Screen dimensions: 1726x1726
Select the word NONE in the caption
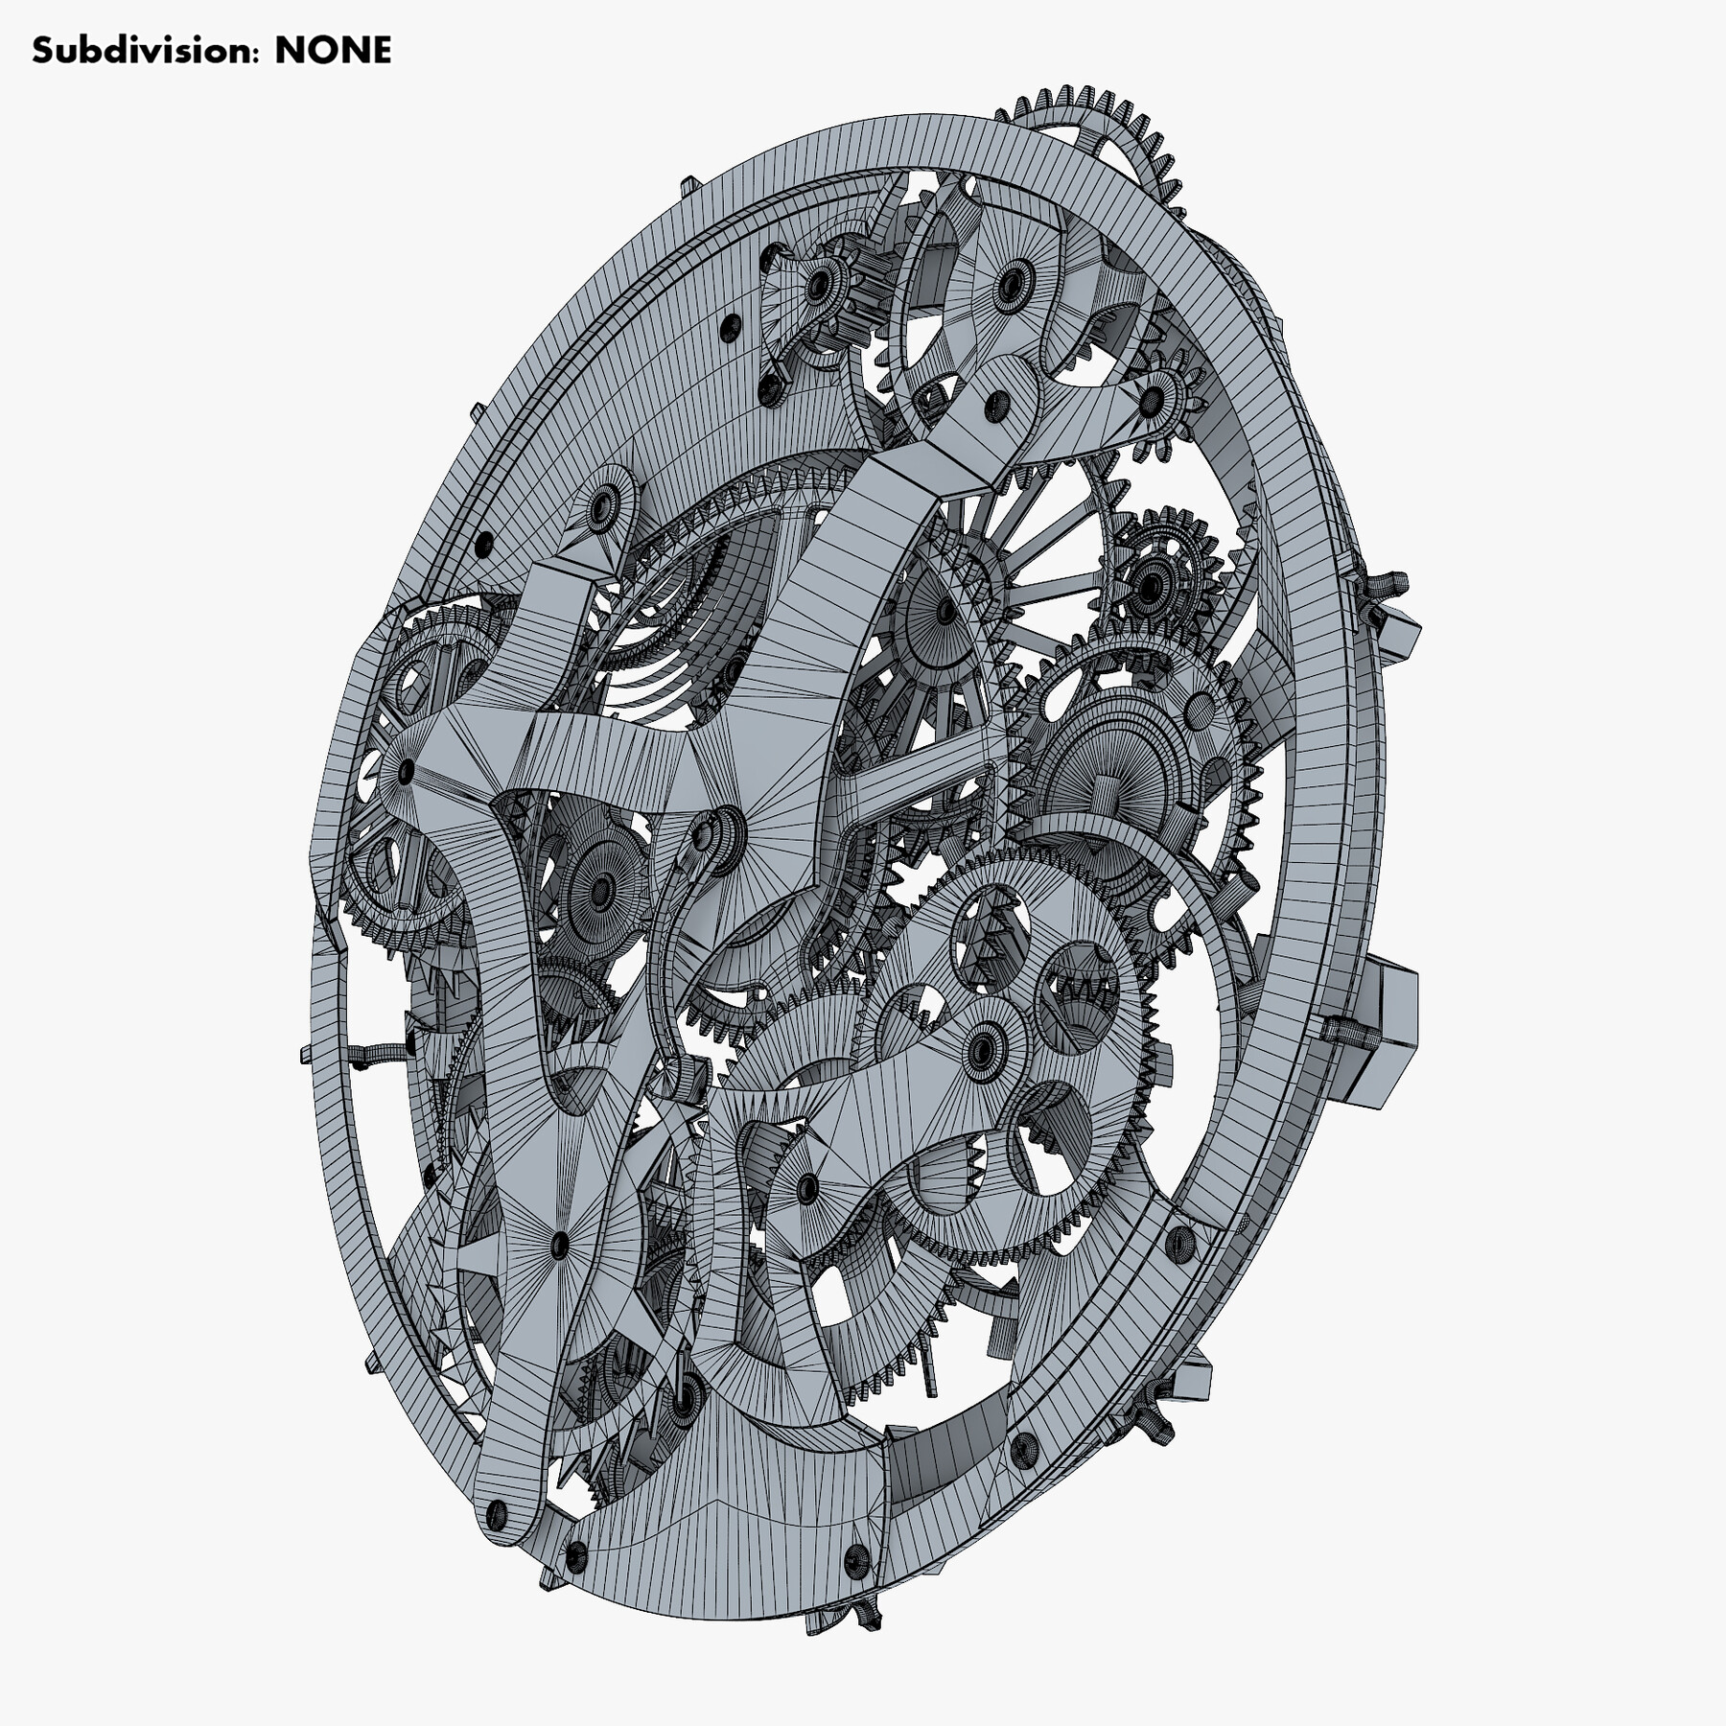[x=333, y=50]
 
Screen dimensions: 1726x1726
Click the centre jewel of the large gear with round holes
[x=984, y=1051]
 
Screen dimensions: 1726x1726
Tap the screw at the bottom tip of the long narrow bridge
[x=496, y=1516]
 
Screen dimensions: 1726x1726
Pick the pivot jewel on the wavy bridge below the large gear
[x=806, y=1189]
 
